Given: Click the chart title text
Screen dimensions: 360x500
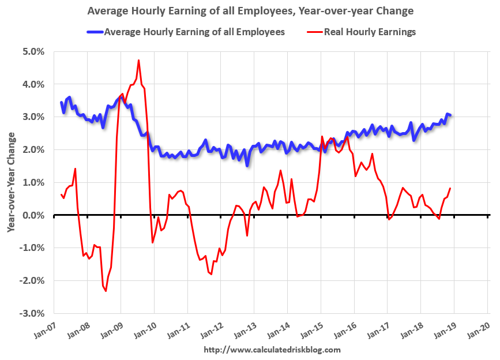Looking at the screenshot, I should (250, 11).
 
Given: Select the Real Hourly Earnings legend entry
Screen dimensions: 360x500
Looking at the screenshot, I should (369, 32).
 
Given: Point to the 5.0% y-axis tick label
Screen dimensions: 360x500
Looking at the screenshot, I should (33, 51).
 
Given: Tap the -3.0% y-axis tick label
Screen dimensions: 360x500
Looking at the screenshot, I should (32, 313).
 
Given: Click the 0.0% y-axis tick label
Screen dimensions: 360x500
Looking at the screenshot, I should (33, 215).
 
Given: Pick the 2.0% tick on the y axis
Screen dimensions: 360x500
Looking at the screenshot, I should (33, 149).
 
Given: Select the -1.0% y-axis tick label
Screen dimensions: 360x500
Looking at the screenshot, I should (32, 248).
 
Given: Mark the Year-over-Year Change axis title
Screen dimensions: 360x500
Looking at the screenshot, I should (11, 182).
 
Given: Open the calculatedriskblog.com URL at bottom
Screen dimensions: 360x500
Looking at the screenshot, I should (272, 350).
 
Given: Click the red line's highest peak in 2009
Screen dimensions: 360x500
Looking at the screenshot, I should (138, 60).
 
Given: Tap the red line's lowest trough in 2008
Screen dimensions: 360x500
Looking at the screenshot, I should (106, 291).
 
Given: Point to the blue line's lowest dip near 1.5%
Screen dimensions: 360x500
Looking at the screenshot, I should (247, 166).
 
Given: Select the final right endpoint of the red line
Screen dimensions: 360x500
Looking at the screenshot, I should (450, 188).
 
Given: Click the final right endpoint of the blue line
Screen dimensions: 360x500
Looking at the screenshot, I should (450, 115).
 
